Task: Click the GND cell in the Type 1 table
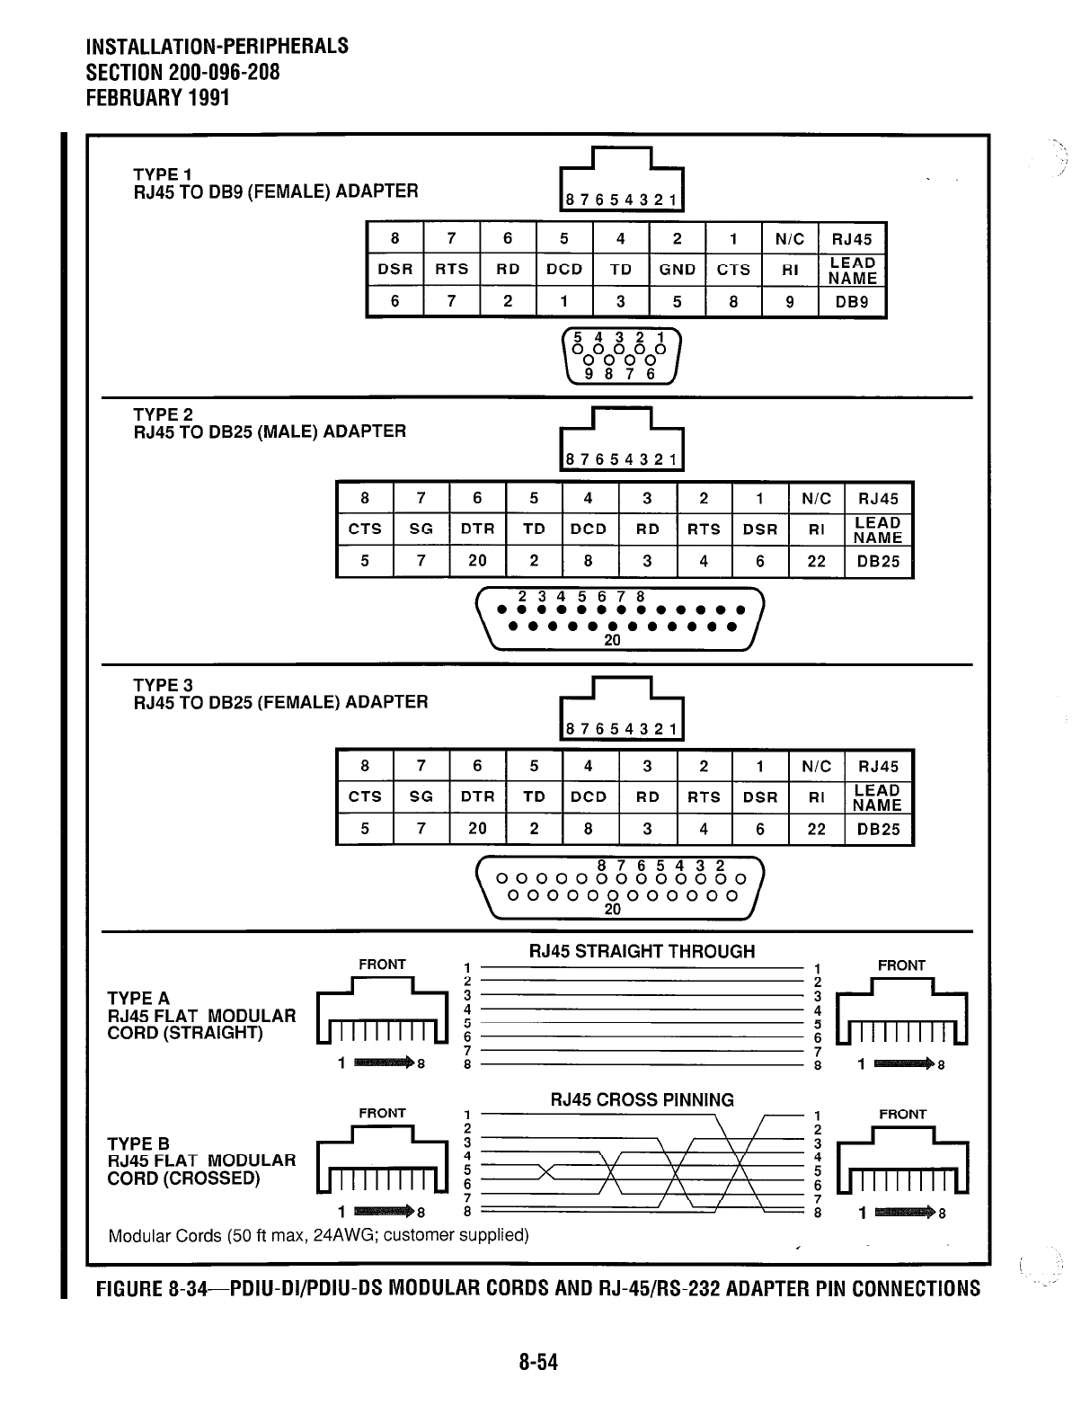[677, 270]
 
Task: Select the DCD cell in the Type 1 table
[564, 270]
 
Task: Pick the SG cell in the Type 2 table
[421, 529]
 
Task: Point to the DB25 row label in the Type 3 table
[878, 830]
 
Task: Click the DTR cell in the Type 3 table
[477, 796]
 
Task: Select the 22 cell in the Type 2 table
[816, 561]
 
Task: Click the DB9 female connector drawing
[620, 357]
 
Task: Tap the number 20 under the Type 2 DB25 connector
[612, 641]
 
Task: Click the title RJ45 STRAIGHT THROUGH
[642, 951]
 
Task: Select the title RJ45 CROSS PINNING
[642, 1099]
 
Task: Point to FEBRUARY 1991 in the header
[157, 97]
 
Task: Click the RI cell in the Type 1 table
[789, 270]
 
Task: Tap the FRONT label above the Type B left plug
[382, 1113]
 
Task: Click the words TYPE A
[138, 999]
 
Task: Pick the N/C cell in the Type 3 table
[816, 766]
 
